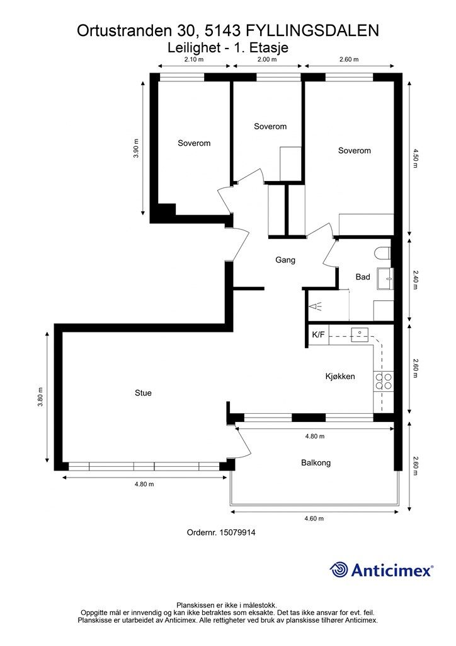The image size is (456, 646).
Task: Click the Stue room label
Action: coord(143,393)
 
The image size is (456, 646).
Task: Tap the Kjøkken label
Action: coord(340,376)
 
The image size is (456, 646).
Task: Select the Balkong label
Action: coord(316,462)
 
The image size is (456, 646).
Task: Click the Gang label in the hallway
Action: coord(285,260)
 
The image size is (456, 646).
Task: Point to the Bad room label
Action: coord(363,277)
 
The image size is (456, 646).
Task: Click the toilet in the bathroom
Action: coord(382,253)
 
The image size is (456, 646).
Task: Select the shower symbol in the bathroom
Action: coord(316,307)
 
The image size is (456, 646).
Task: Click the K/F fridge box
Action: coord(318,334)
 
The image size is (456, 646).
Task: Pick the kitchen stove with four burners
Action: coord(383,381)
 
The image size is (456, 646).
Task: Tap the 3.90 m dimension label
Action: coord(136,149)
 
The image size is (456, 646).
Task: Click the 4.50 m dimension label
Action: coord(415,158)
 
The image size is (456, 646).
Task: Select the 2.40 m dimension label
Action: coord(415,279)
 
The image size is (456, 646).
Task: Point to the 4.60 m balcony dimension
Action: coord(314,519)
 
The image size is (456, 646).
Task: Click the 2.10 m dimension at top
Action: coord(194,59)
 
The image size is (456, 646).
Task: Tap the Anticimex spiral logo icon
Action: coord(339,570)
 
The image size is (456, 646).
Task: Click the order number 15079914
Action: coord(237,532)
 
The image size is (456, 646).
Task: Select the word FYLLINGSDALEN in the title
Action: coord(312,31)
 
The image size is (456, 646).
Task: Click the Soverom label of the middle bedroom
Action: coord(270,126)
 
